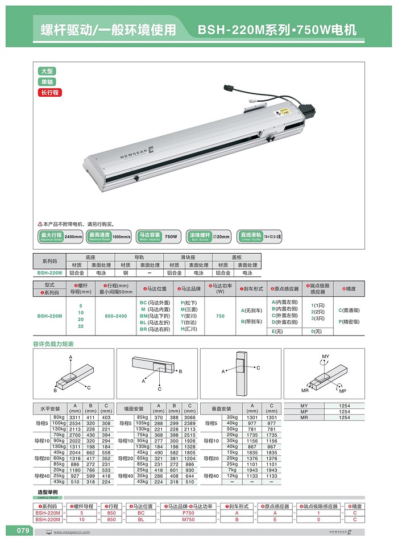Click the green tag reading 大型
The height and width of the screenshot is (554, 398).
pyautogui.click(x=47, y=71)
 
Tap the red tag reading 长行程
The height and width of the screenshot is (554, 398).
pyautogui.click(x=49, y=92)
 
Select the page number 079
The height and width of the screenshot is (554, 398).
pyautogui.click(x=22, y=531)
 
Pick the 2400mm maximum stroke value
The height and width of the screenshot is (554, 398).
pyautogui.click(x=73, y=236)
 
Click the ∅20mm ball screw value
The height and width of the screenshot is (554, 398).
pyautogui.click(x=221, y=236)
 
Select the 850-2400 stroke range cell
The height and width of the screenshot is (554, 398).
pyautogui.click(x=113, y=316)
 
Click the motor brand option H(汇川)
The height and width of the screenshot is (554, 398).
pyautogui.click(x=189, y=329)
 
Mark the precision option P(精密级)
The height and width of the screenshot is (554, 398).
pyautogui.click(x=348, y=322)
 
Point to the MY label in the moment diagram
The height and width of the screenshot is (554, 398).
pyautogui.click(x=325, y=357)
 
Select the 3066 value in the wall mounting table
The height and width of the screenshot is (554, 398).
pyautogui.click(x=190, y=417)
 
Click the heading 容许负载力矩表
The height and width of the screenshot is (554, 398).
pyautogui.click(x=53, y=344)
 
